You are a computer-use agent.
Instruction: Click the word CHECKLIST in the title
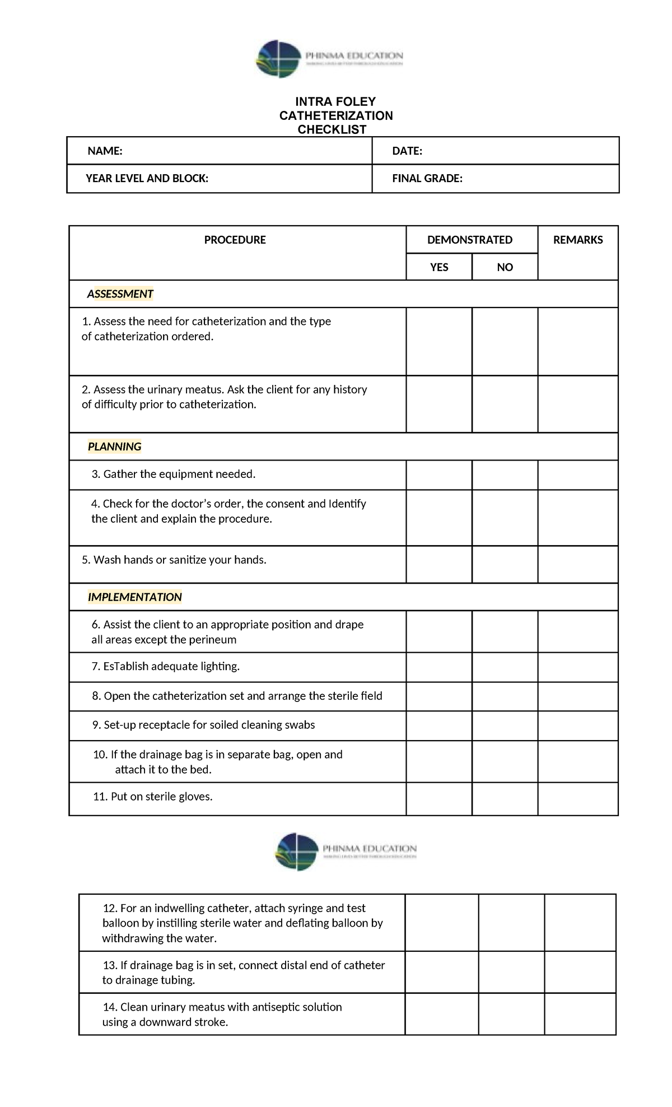tap(332, 129)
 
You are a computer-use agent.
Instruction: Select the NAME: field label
tap(105, 151)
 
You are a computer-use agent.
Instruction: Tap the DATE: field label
tap(407, 151)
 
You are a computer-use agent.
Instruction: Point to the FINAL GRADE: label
tap(427, 179)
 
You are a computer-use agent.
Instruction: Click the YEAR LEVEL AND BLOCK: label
tap(147, 179)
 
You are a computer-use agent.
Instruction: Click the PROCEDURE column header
tap(235, 240)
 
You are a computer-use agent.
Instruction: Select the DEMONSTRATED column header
tap(469, 240)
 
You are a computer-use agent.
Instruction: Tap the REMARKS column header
tap(578, 240)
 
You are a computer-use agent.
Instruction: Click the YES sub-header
tap(439, 267)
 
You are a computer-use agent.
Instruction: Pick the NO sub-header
tap(505, 267)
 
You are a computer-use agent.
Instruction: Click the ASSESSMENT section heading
tap(120, 294)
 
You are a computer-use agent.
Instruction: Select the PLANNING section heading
tap(114, 446)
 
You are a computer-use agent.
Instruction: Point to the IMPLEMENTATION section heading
tap(134, 597)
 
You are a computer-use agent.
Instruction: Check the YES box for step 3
tap(439, 475)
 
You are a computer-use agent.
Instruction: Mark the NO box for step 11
tap(505, 798)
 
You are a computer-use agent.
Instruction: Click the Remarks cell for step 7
tap(578, 667)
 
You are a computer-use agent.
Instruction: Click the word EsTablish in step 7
tap(126, 667)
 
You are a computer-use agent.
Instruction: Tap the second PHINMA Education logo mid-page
tap(346, 852)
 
